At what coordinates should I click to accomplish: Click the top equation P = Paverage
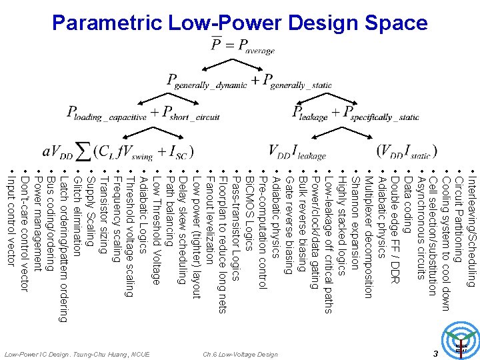click(x=242, y=45)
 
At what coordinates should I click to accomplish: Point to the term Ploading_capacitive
click(x=106, y=113)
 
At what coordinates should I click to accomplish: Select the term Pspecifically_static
click(x=381, y=113)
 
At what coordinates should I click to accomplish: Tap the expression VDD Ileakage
click(x=297, y=151)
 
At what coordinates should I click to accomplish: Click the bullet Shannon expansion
click(x=354, y=219)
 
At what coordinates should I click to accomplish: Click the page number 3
click(x=434, y=353)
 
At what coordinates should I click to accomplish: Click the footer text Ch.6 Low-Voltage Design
click(x=240, y=353)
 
